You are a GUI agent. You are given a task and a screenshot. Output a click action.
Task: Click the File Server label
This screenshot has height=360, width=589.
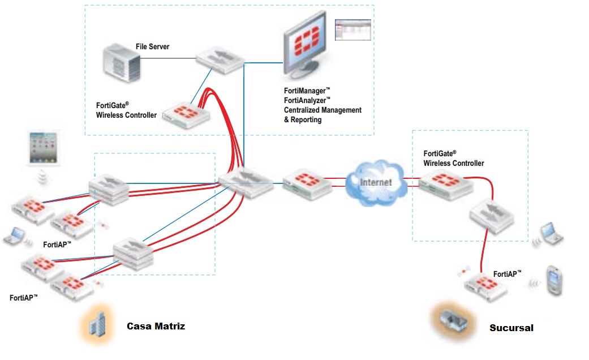[x=152, y=46]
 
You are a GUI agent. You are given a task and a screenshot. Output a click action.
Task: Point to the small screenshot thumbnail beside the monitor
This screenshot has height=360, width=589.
[x=354, y=29]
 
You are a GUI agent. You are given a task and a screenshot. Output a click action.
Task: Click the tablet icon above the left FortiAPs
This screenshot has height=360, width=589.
[x=44, y=149]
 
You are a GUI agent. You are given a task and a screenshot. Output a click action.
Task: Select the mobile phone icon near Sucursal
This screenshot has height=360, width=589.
[x=553, y=280]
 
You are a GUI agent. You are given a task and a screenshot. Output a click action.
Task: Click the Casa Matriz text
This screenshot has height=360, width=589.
[x=156, y=326]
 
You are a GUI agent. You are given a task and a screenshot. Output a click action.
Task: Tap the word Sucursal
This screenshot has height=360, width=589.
[x=511, y=328]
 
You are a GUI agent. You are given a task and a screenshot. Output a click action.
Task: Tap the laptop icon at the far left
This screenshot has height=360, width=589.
[x=14, y=236]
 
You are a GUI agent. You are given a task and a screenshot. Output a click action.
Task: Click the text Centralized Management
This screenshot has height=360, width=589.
[x=323, y=110]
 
